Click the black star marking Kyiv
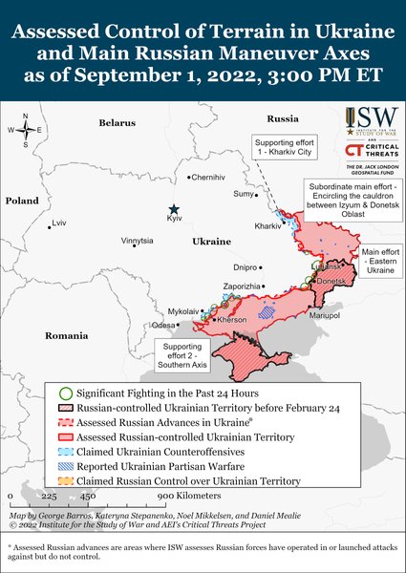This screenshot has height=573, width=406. point(173,209)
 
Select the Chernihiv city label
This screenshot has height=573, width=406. point(210,178)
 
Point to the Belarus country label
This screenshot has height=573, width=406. point(118,123)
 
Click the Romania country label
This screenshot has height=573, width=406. point(65,336)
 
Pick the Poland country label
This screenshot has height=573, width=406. point(21,202)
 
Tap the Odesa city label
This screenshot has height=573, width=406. point(163,326)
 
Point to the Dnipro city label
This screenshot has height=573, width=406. point(246,267)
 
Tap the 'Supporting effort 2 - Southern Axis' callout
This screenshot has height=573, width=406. point(181,355)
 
